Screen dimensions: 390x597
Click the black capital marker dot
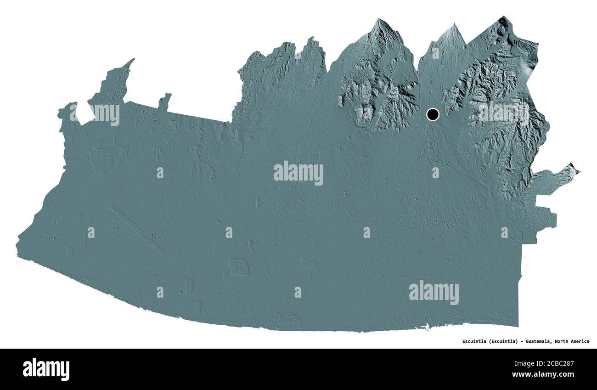click(x=433, y=114)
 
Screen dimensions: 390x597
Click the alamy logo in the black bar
click(x=46, y=369)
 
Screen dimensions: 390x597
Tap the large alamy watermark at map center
click(x=298, y=174)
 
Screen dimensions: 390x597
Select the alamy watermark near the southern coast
click(x=434, y=293)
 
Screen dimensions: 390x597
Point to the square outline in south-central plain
click(x=238, y=267)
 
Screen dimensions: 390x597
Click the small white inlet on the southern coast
click(x=428, y=328)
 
